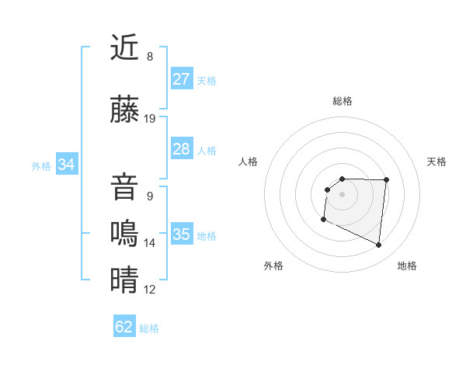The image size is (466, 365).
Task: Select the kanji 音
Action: (x=124, y=188)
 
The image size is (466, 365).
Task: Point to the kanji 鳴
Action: (x=124, y=234)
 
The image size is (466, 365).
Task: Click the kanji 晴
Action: (x=124, y=280)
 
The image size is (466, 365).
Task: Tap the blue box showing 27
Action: (x=182, y=79)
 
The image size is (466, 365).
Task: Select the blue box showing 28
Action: (x=182, y=149)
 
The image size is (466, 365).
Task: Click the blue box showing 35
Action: (x=182, y=235)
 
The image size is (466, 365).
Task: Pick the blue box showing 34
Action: (x=67, y=165)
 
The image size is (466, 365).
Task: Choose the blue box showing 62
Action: (x=124, y=327)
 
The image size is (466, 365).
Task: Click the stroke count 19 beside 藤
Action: (x=150, y=119)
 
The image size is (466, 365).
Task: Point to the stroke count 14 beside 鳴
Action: (x=150, y=243)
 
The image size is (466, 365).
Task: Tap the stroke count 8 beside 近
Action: (x=150, y=57)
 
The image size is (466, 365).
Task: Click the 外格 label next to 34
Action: (x=41, y=165)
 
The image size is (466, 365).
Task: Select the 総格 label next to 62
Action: (x=149, y=328)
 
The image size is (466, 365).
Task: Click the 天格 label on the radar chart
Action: (x=436, y=162)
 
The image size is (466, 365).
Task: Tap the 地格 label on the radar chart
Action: (x=407, y=266)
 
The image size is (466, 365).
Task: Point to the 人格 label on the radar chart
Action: (x=249, y=162)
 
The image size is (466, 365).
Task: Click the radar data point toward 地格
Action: (x=379, y=245)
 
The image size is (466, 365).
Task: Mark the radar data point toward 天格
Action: (x=386, y=180)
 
